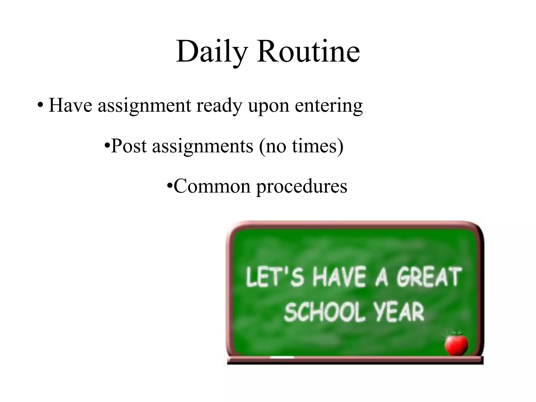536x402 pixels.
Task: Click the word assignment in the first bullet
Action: click(144, 106)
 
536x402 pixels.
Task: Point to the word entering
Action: click(329, 106)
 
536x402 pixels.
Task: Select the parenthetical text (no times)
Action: click(301, 146)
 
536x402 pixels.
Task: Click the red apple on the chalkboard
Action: click(456, 345)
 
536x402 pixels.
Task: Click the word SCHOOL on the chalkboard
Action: click(325, 312)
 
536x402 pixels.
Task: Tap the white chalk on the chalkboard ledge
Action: click(282, 357)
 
